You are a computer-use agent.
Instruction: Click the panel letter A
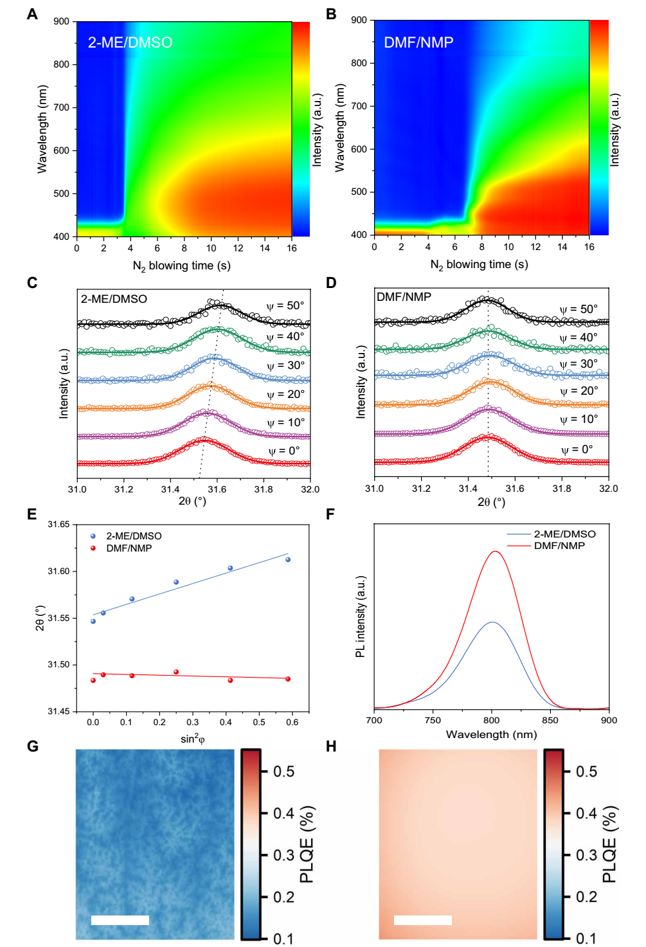(32, 14)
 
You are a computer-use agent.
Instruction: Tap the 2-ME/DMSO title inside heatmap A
(130, 42)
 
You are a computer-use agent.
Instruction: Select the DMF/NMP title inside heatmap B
(418, 42)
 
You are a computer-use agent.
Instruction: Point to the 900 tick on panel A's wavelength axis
(62, 22)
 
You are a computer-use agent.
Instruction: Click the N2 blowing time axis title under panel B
(479, 265)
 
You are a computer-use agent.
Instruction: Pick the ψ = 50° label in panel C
(285, 305)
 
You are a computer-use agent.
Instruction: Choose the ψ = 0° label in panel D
(577, 449)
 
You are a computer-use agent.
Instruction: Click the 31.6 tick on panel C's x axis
(217, 489)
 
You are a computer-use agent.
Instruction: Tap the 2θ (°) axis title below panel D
(491, 502)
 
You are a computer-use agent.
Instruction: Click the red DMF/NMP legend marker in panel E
(93, 548)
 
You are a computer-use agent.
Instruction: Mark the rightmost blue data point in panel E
(288, 559)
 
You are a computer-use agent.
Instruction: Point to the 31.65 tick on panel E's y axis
(58, 525)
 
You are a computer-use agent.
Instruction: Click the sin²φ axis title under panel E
(192, 739)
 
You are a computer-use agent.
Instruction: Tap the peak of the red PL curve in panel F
(494, 552)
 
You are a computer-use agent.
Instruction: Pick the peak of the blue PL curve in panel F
(492, 622)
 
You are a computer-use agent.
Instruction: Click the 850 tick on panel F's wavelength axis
(550, 721)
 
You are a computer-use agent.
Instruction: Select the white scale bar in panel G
(120, 920)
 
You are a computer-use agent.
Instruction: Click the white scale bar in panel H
(422, 920)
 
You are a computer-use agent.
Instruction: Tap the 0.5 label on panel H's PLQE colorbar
(586, 771)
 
